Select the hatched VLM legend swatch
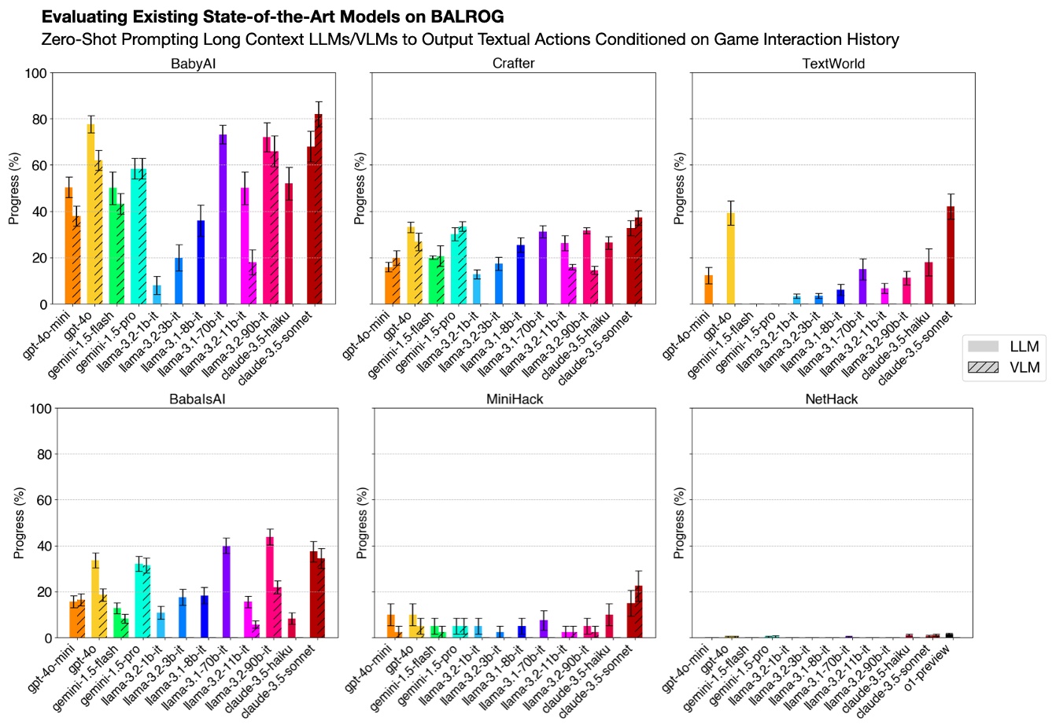[x=981, y=367]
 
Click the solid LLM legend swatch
[x=981, y=346]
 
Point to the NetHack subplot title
[x=831, y=399]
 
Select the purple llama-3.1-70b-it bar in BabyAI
[x=223, y=219]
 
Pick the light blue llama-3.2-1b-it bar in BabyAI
[x=157, y=295]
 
